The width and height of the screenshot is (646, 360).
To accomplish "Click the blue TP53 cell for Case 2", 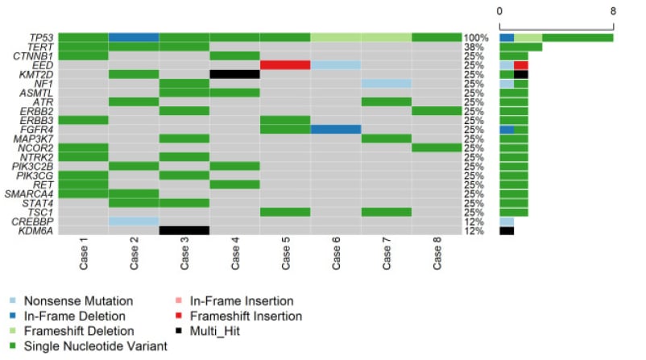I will (x=133, y=37).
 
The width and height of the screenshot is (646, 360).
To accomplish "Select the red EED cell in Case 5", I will (x=285, y=65).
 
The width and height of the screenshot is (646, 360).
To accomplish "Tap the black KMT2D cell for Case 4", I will (x=234, y=74).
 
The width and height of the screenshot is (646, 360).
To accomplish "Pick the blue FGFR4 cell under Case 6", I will (x=335, y=129).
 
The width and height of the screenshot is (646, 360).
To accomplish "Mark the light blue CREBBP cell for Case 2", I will (x=133, y=221).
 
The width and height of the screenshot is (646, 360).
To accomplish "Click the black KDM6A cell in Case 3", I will (x=184, y=230).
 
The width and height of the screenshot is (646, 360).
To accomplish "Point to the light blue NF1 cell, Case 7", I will (x=386, y=83).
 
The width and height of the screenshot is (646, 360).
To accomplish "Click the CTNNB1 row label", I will (x=33, y=56).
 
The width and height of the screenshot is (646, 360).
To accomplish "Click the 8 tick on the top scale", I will (x=613, y=11).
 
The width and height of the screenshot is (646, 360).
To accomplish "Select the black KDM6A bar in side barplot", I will (x=507, y=230).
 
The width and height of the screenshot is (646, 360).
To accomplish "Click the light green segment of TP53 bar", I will (x=528, y=38).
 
